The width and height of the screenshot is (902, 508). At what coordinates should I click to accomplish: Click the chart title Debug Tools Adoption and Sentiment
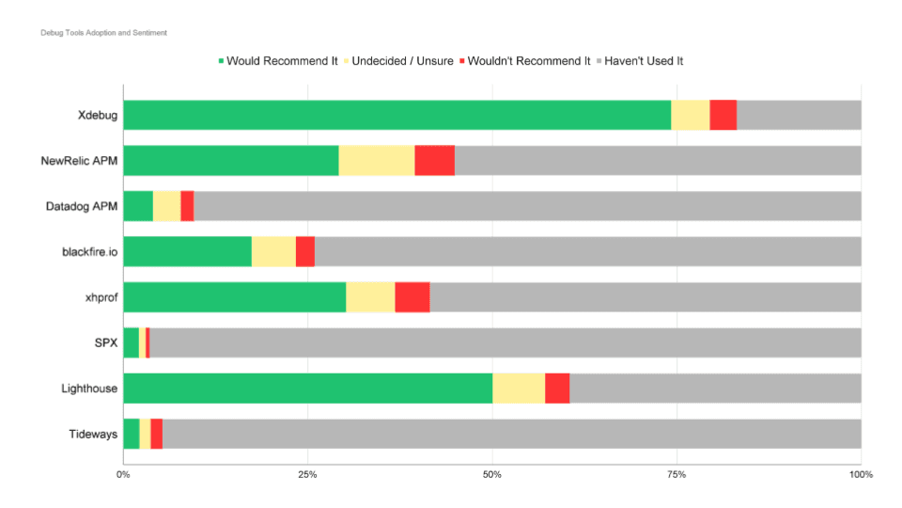click(103, 33)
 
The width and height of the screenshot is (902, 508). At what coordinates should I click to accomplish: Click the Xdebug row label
click(98, 116)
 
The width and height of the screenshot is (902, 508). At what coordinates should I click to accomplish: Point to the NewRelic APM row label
click(79, 161)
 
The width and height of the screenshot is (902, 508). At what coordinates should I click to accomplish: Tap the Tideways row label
click(93, 434)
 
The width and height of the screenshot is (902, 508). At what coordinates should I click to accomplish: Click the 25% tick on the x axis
click(307, 474)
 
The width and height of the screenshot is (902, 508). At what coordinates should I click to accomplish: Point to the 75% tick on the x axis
click(676, 474)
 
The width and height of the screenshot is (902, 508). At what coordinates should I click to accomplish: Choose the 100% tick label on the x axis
click(860, 474)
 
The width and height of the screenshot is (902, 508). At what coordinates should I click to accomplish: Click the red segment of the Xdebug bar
click(723, 116)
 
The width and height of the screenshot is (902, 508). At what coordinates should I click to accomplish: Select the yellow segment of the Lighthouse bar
click(519, 388)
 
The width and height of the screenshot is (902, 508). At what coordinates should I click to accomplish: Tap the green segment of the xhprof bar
click(234, 297)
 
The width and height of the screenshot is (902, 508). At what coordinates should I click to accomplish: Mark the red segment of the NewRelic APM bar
click(434, 161)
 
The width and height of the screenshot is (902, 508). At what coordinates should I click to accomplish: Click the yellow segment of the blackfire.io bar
click(273, 252)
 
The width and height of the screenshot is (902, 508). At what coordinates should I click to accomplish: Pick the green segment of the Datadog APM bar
click(138, 206)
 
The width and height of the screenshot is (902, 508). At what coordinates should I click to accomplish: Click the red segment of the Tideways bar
click(156, 434)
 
